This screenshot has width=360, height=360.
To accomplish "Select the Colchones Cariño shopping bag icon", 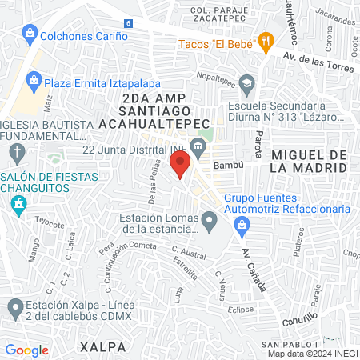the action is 29,35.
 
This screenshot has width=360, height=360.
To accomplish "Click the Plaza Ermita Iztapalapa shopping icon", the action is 34,80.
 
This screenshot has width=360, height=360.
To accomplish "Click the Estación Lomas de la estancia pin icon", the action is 209,218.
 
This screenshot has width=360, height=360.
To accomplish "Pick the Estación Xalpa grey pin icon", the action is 15,307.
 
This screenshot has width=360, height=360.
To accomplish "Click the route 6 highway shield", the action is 129,25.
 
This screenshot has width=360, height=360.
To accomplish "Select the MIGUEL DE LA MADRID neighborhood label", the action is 309,161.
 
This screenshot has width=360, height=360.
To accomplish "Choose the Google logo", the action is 27,350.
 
